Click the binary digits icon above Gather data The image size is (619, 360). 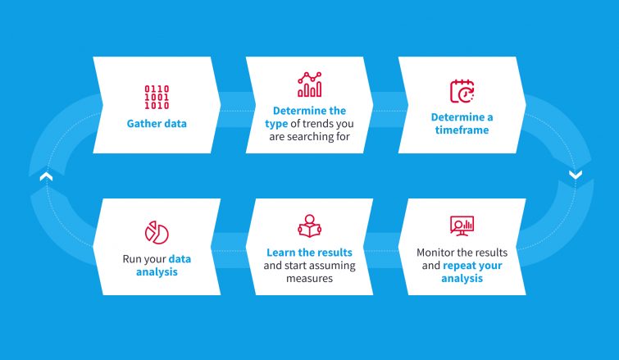point(157,97)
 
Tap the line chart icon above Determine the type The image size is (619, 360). point(309,85)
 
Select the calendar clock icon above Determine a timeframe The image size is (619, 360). point(462,91)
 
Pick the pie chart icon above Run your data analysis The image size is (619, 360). point(157,232)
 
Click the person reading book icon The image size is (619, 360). point(309,227)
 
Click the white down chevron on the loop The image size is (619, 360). point(575,174)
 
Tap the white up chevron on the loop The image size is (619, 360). point(46,175)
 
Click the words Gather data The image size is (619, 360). point(157,125)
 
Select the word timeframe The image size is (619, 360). point(462,130)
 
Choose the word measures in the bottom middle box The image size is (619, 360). point(309,278)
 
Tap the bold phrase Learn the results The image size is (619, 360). point(309,253)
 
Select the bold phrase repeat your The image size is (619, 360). point(473,266)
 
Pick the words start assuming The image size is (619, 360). point(319,266)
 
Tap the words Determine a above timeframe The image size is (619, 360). point(462,117)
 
